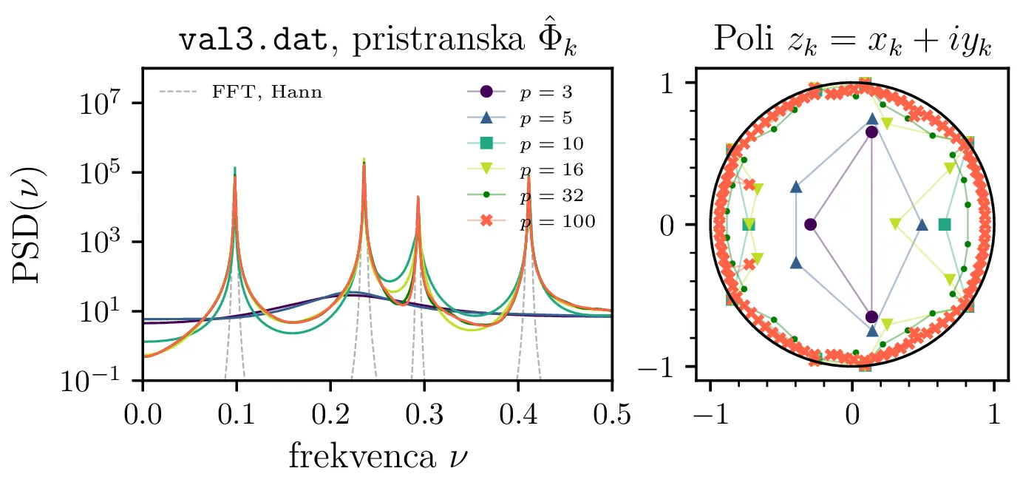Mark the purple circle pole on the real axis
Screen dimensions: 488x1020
(811, 224)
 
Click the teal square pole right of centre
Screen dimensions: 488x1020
(945, 224)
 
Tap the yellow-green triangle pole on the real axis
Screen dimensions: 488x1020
(896, 222)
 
